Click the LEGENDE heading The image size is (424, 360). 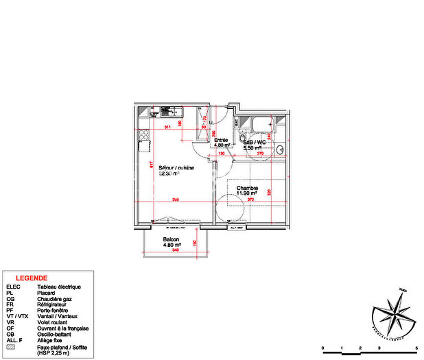click(x=32, y=278)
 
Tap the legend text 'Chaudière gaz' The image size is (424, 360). click(x=53, y=300)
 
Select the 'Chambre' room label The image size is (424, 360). click(x=247, y=188)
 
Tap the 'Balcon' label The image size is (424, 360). click(x=171, y=239)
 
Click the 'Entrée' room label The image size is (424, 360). click(x=220, y=141)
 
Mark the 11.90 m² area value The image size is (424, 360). click(x=247, y=194)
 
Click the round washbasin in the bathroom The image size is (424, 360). click(x=244, y=139)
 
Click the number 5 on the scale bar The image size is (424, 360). click(x=416, y=348)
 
